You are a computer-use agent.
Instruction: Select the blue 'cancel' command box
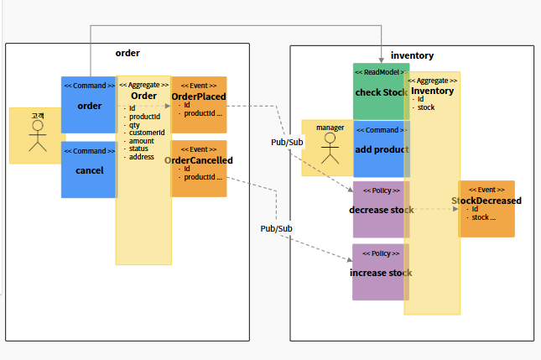(88, 170)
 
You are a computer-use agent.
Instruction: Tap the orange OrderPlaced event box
(199, 105)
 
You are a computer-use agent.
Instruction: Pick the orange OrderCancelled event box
(199, 169)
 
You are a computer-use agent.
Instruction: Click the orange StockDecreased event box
(486, 209)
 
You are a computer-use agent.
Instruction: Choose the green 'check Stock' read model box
(379, 91)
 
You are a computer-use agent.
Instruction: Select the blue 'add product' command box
(379, 149)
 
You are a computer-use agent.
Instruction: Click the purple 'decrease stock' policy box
(379, 209)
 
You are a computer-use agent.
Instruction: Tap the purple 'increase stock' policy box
(379, 273)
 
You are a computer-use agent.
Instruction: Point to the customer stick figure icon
(37, 137)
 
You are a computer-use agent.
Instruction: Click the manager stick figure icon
(330, 149)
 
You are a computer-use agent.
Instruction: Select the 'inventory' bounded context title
(413, 55)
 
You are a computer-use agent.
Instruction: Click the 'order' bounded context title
(127, 53)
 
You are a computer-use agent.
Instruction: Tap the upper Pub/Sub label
(287, 142)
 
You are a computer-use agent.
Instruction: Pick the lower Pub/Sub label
(276, 228)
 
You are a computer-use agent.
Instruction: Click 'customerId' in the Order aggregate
(147, 133)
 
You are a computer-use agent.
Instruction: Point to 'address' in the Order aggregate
(142, 157)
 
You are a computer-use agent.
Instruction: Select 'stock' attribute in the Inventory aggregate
(426, 107)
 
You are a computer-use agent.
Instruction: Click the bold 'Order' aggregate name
(143, 97)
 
